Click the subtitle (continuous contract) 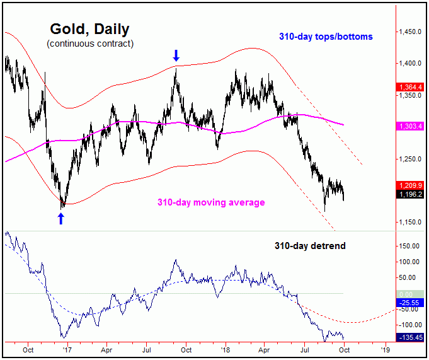coord(89,44)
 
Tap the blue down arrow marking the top coord(176,57)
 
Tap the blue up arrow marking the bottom coord(61,218)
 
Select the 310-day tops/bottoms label coord(326,37)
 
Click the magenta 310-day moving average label coord(211,202)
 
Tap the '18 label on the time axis coord(224,348)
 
